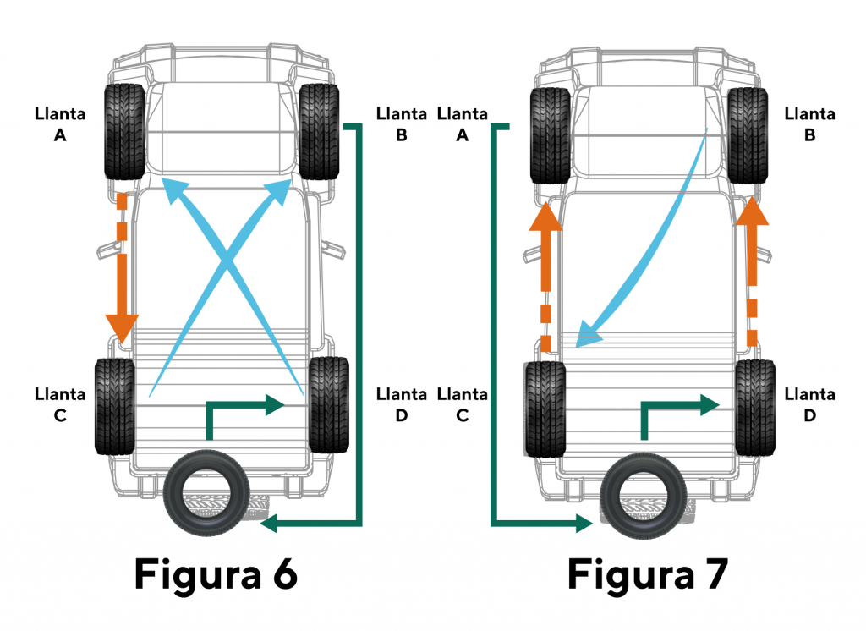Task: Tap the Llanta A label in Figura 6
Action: click(60, 124)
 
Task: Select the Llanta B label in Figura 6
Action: click(402, 124)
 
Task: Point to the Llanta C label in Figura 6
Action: click(60, 404)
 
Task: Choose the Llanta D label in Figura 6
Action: click(402, 404)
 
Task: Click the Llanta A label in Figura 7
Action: click(463, 124)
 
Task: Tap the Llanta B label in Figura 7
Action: click(810, 124)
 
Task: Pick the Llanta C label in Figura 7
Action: click(463, 404)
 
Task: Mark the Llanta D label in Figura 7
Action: click(810, 404)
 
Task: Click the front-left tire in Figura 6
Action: click(123, 131)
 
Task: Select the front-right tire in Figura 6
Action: click(319, 131)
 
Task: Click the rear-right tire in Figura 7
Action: click(756, 408)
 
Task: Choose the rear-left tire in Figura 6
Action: click(115, 407)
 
